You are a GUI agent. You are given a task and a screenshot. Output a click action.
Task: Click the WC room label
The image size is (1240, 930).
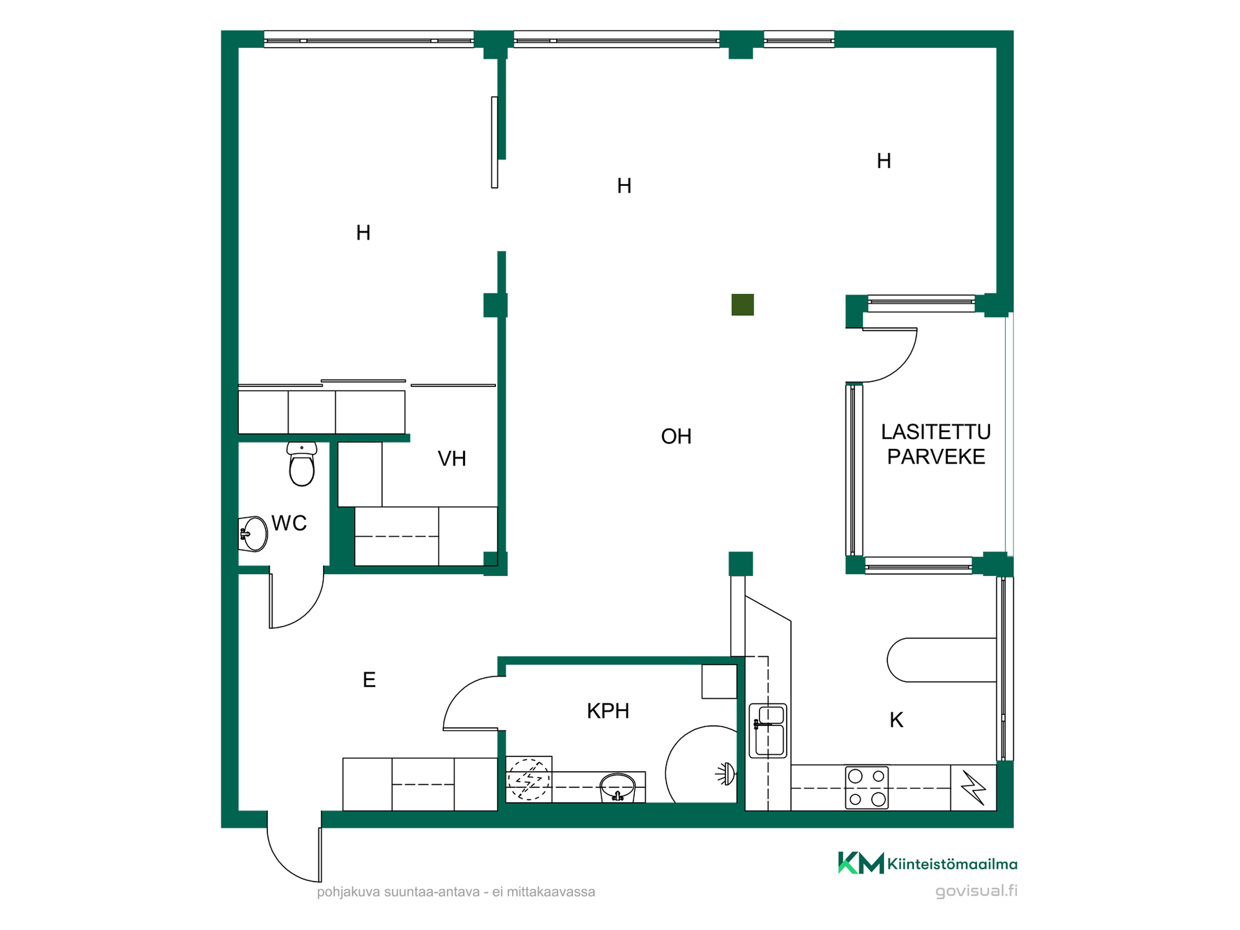(289, 523)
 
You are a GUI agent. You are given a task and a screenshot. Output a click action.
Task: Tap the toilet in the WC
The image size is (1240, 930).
(302, 464)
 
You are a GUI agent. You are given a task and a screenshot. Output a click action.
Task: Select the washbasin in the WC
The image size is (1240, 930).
(253, 534)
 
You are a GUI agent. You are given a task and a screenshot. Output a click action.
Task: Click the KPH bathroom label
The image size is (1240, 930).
(608, 711)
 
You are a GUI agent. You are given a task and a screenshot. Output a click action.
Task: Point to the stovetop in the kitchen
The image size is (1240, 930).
(867, 788)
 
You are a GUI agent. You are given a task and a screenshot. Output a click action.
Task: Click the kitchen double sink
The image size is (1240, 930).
(768, 730)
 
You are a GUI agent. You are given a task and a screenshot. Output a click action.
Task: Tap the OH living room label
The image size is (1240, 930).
(676, 437)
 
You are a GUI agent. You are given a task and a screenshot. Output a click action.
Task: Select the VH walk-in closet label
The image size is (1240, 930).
(451, 459)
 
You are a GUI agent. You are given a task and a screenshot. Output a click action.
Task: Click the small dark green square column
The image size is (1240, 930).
(743, 305)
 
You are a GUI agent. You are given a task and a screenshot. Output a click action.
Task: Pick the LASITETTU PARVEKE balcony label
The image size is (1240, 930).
(936, 444)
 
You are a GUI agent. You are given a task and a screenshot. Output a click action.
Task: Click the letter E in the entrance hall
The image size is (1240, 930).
(369, 680)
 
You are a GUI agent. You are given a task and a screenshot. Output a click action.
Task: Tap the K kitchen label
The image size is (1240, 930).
(896, 720)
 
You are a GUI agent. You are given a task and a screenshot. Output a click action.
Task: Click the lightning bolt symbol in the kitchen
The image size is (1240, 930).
(973, 788)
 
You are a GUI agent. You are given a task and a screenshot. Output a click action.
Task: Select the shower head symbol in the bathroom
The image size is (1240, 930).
(726, 774)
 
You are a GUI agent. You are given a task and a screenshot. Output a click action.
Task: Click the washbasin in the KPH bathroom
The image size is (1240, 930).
(618, 788)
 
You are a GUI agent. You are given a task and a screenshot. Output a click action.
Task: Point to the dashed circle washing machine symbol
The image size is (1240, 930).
(529, 780)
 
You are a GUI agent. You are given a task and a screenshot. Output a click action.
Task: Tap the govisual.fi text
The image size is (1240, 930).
(976, 891)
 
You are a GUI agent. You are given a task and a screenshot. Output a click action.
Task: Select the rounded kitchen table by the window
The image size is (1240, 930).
(942, 660)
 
